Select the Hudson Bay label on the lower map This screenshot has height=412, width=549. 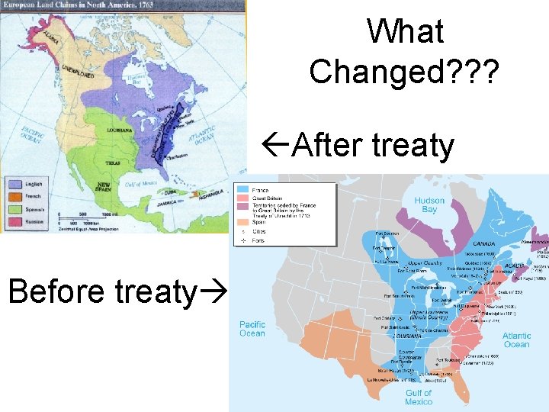(x=429, y=205)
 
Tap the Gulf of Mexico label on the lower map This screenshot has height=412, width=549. (x=418, y=398)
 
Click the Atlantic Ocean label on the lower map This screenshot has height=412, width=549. (x=516, y=340)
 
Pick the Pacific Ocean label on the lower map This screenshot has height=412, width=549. (x=252, y=329)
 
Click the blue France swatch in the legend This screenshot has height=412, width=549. (x=243, y=188)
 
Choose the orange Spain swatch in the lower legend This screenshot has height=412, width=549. (x=243, y=220)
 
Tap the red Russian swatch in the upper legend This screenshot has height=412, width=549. (x=14, y=223)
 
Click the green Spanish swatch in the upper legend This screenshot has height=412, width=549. (x=14, y=209)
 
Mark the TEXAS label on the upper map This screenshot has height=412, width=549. (x=114, y=163)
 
